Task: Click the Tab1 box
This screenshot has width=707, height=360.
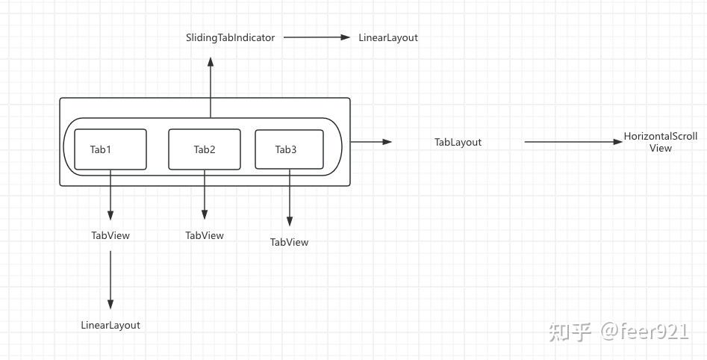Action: coord(110,149)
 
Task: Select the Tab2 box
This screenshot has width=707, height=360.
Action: coord(205,149)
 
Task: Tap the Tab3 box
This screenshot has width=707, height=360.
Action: coord(290,149)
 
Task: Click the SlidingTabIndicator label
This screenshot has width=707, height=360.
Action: coord(230,37)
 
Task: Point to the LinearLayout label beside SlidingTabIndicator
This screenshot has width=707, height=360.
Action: coord(388,37)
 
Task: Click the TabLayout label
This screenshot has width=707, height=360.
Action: coord(458,142)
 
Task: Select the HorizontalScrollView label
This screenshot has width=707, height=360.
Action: coord(661,142)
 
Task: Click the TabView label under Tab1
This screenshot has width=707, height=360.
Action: coord(110,235)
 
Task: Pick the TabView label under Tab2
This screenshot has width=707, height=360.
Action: coord(205,235)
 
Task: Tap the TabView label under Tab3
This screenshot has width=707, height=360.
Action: coord(289,242)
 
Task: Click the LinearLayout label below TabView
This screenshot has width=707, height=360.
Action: coord(110,325)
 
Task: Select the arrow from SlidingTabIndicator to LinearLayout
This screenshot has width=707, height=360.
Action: coord(317,37)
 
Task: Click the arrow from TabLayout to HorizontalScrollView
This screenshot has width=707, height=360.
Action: coord(573,142)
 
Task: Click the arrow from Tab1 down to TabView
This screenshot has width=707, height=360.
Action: coord(110,195)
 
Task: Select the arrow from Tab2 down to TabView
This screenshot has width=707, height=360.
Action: coord(205,195)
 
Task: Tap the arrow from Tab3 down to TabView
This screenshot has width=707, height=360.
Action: coord(290,199)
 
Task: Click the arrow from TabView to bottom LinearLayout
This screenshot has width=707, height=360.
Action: coord(110,280)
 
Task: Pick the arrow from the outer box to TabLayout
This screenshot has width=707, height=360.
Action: coord(371,141)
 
